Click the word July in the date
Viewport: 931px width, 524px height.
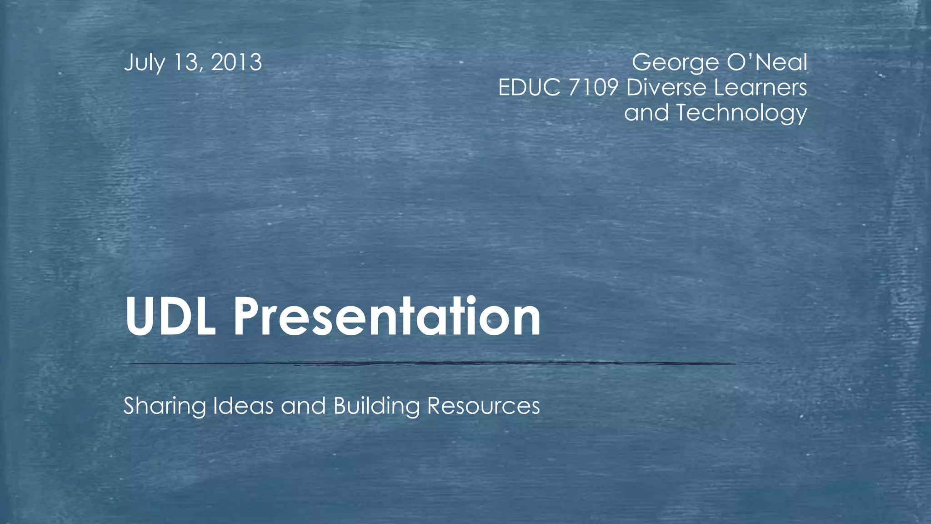click(144, 63)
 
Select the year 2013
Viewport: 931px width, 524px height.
click(237, 63)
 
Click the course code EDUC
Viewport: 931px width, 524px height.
click(529, 87)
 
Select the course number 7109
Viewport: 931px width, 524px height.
click(593, 87)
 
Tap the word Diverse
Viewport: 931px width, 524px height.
click(666, 87)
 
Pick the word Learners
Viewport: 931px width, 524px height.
click(761, 87)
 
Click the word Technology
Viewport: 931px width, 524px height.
click(741, 113)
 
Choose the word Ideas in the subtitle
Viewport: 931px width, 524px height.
click(243, 405)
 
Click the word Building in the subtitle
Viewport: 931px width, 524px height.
click(376, 406)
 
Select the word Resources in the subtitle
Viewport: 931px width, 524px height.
click(483, 406)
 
